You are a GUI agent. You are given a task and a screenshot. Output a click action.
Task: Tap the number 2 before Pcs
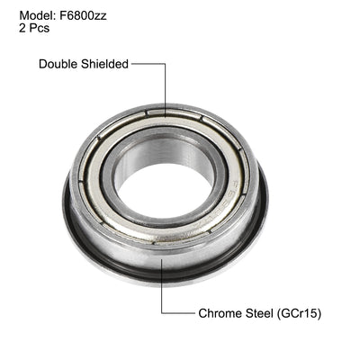point(22,28)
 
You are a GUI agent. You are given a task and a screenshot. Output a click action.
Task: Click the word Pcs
point(40,28)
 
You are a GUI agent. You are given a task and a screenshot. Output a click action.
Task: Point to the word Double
point(63,64)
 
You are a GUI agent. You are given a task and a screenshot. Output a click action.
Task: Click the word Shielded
point(106,64)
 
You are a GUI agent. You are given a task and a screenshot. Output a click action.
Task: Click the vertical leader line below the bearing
point(162,288)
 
